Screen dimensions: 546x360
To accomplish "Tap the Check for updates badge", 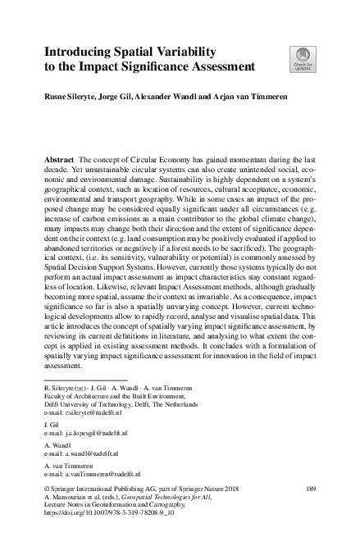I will (x=298, y=59).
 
